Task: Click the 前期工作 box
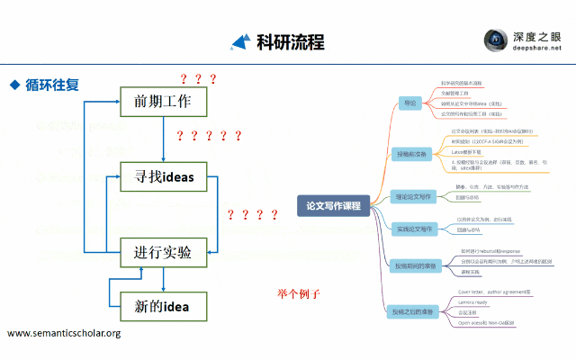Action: (x=163, y=101)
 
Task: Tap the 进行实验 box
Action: (x=163, y=252)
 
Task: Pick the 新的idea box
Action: (x=163, y=307)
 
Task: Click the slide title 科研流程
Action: (x=290, y=41)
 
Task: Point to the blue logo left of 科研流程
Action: (x=240, y=41)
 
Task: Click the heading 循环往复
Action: (x=52, y=85)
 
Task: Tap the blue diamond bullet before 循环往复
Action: (x=14, y=85)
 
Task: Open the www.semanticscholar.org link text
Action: (x=64, y=334)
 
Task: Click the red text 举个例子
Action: (x=299, y=294)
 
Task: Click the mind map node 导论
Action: (x=409, y=103)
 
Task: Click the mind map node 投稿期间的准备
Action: (x=415, y=266)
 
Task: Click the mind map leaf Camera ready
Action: (x=474, y=302)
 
